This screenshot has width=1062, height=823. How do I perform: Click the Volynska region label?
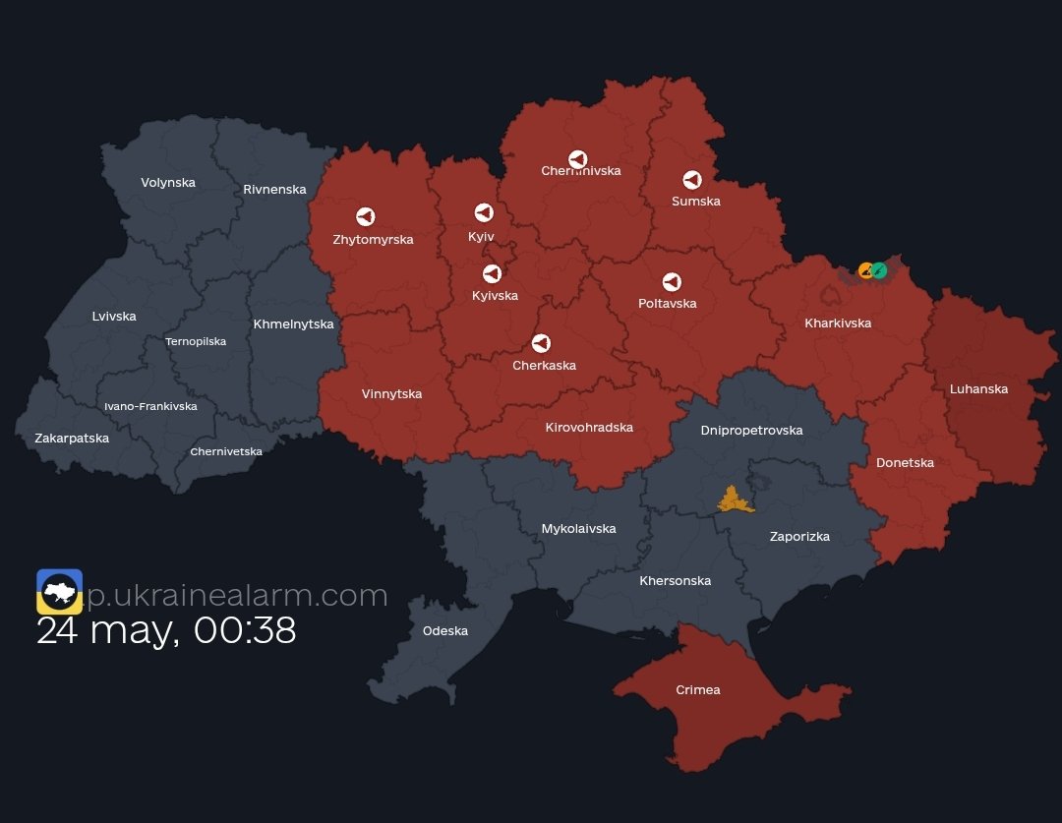click(168, 182)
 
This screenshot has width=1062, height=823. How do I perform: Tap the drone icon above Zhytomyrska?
click(365, 216)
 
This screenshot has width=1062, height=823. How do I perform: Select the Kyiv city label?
click(481, 237)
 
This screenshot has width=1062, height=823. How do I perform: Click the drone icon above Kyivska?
click(492, 273)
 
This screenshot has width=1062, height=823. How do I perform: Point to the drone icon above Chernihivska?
click(577, 159)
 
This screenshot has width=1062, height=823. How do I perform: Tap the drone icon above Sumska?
click(692, 180)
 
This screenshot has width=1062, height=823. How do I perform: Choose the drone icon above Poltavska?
click(672, 282)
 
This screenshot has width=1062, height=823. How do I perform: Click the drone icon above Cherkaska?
click(541, 343)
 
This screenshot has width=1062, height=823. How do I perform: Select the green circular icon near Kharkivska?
click(879, 270)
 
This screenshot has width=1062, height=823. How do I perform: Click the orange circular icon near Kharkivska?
click(865, 270)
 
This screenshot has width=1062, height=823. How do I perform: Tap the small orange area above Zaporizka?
click(733, 500)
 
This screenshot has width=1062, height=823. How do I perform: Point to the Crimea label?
click(697, 689)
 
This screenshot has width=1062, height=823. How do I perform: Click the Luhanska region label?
click(978, 388)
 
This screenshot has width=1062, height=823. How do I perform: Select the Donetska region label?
click(905, 462)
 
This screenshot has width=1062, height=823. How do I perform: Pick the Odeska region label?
click(444, 630)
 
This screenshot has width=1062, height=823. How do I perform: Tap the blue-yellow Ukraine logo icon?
click(59, 591)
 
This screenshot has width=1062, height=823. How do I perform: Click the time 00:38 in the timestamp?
click(245, 630)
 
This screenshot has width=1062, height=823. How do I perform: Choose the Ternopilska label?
click(196, 341)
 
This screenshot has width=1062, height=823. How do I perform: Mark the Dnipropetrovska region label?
click(751, 430)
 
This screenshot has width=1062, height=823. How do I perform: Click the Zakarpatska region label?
click(72, 438)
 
